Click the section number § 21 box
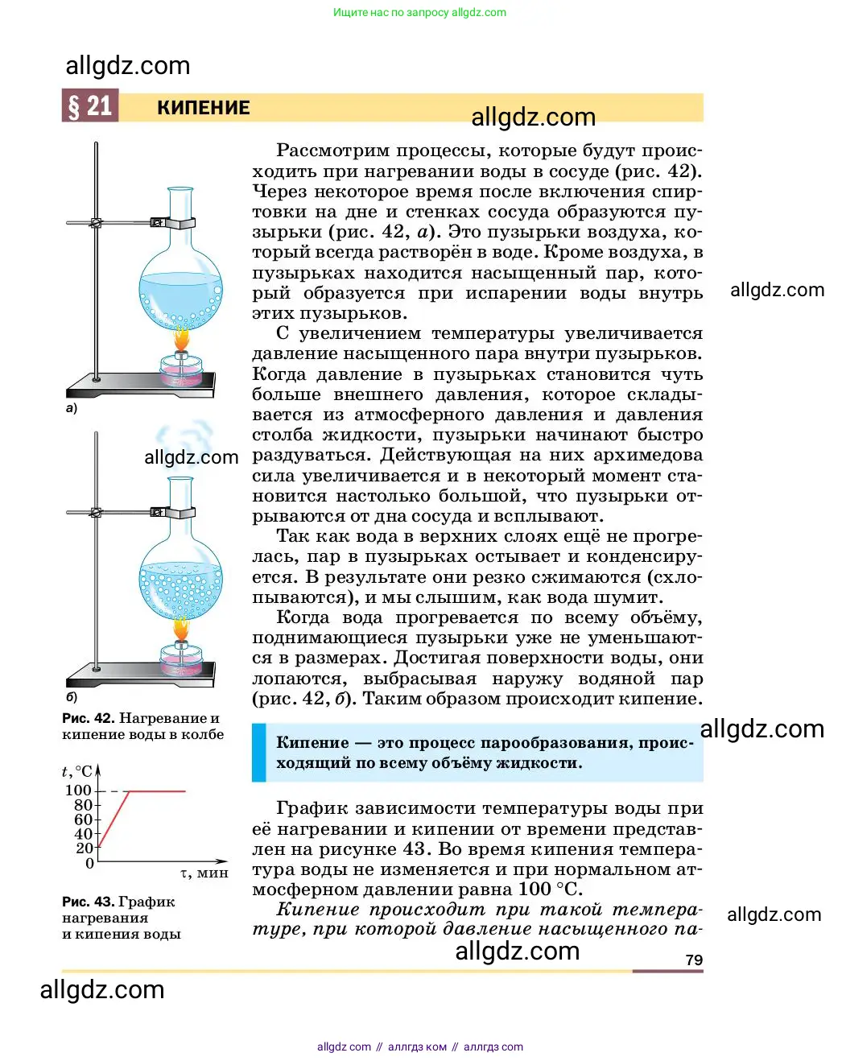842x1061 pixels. point(90,105)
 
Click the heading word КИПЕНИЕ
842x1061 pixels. point(203,108)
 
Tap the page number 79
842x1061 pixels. point(694,960)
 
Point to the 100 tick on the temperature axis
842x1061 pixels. point(79,791)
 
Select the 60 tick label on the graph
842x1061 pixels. point(84,819)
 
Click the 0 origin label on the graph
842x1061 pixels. point(89,863)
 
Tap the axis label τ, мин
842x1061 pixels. point(204,873)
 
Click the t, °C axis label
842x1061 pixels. point(77,771)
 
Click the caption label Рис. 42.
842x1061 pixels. point(88,718)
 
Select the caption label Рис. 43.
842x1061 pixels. point(88,902)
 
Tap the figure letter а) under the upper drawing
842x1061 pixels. point(72,408)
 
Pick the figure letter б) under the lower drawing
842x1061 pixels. point(72,697)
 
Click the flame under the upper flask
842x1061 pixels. point(182,339)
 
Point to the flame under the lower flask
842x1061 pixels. point(182,629)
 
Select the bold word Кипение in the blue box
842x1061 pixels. point(312,743)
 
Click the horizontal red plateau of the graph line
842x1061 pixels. point(157,791)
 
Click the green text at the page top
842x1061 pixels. point(419,12)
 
